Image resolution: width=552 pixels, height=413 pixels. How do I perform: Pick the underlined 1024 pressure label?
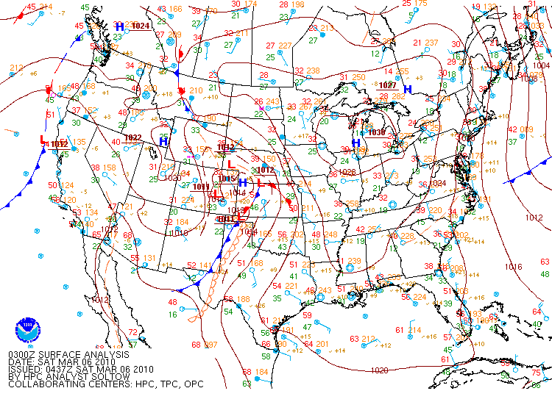(x=141, y=26)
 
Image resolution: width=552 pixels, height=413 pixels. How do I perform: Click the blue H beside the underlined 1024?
(x=119, y=26)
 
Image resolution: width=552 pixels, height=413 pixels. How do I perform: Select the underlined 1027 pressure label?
(x=388, y=85)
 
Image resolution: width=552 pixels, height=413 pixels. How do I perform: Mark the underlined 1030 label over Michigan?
(x=376, y=132)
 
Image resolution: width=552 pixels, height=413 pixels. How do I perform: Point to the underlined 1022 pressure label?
(x=132, y=137)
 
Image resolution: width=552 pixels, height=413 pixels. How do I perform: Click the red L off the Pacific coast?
(x=43, y=140)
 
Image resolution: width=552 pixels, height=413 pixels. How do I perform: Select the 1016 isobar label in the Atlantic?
(x=513, y=267)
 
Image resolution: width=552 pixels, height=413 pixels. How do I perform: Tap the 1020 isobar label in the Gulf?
(x=380, y=370)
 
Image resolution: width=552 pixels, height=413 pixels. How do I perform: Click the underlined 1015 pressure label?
(x=226, y=179)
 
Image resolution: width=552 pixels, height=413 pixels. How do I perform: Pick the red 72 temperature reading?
(x=132, y=333)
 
